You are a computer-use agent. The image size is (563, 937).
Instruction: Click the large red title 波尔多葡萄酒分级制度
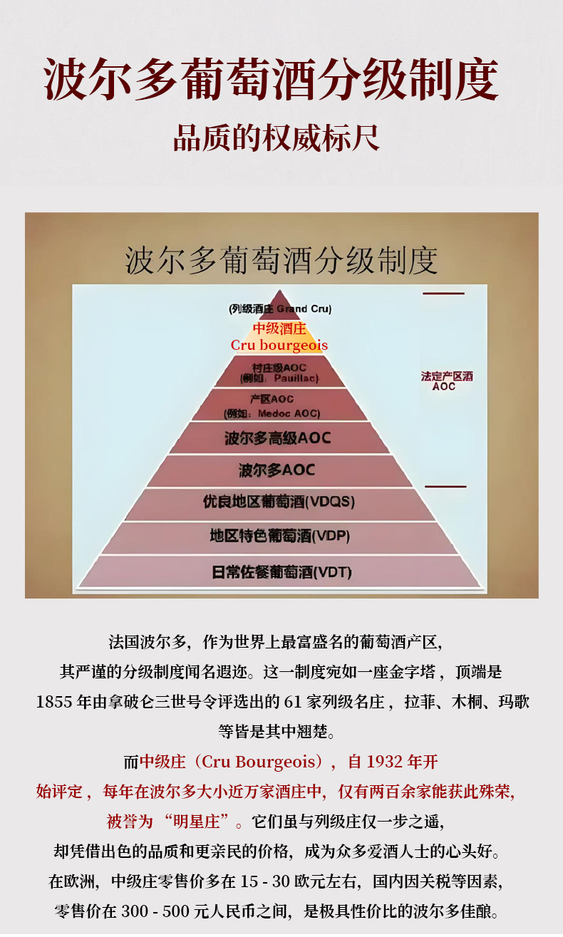(271, 78)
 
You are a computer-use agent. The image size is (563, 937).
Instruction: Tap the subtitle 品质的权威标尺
(277, 137)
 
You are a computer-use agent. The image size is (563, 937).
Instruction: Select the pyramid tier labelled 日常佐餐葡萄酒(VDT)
(281, 571)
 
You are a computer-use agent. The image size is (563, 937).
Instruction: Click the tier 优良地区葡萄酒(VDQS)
(279, 502)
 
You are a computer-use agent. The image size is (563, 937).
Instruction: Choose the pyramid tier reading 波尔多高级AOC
(278, 438)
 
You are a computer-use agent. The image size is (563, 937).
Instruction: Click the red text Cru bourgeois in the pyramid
(279, 346)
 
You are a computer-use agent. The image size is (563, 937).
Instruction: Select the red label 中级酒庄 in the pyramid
(279, 328)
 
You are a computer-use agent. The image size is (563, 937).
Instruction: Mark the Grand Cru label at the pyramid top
(280, 309)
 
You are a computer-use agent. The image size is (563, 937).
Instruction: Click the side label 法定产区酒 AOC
(446, 381)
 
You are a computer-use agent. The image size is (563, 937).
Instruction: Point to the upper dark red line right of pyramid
(443, 294)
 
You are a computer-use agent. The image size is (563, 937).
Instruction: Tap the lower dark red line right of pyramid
(445, 487)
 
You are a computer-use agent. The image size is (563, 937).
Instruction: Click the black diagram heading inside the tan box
(281, 261)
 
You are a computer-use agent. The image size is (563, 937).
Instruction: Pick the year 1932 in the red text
(385, 762)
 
